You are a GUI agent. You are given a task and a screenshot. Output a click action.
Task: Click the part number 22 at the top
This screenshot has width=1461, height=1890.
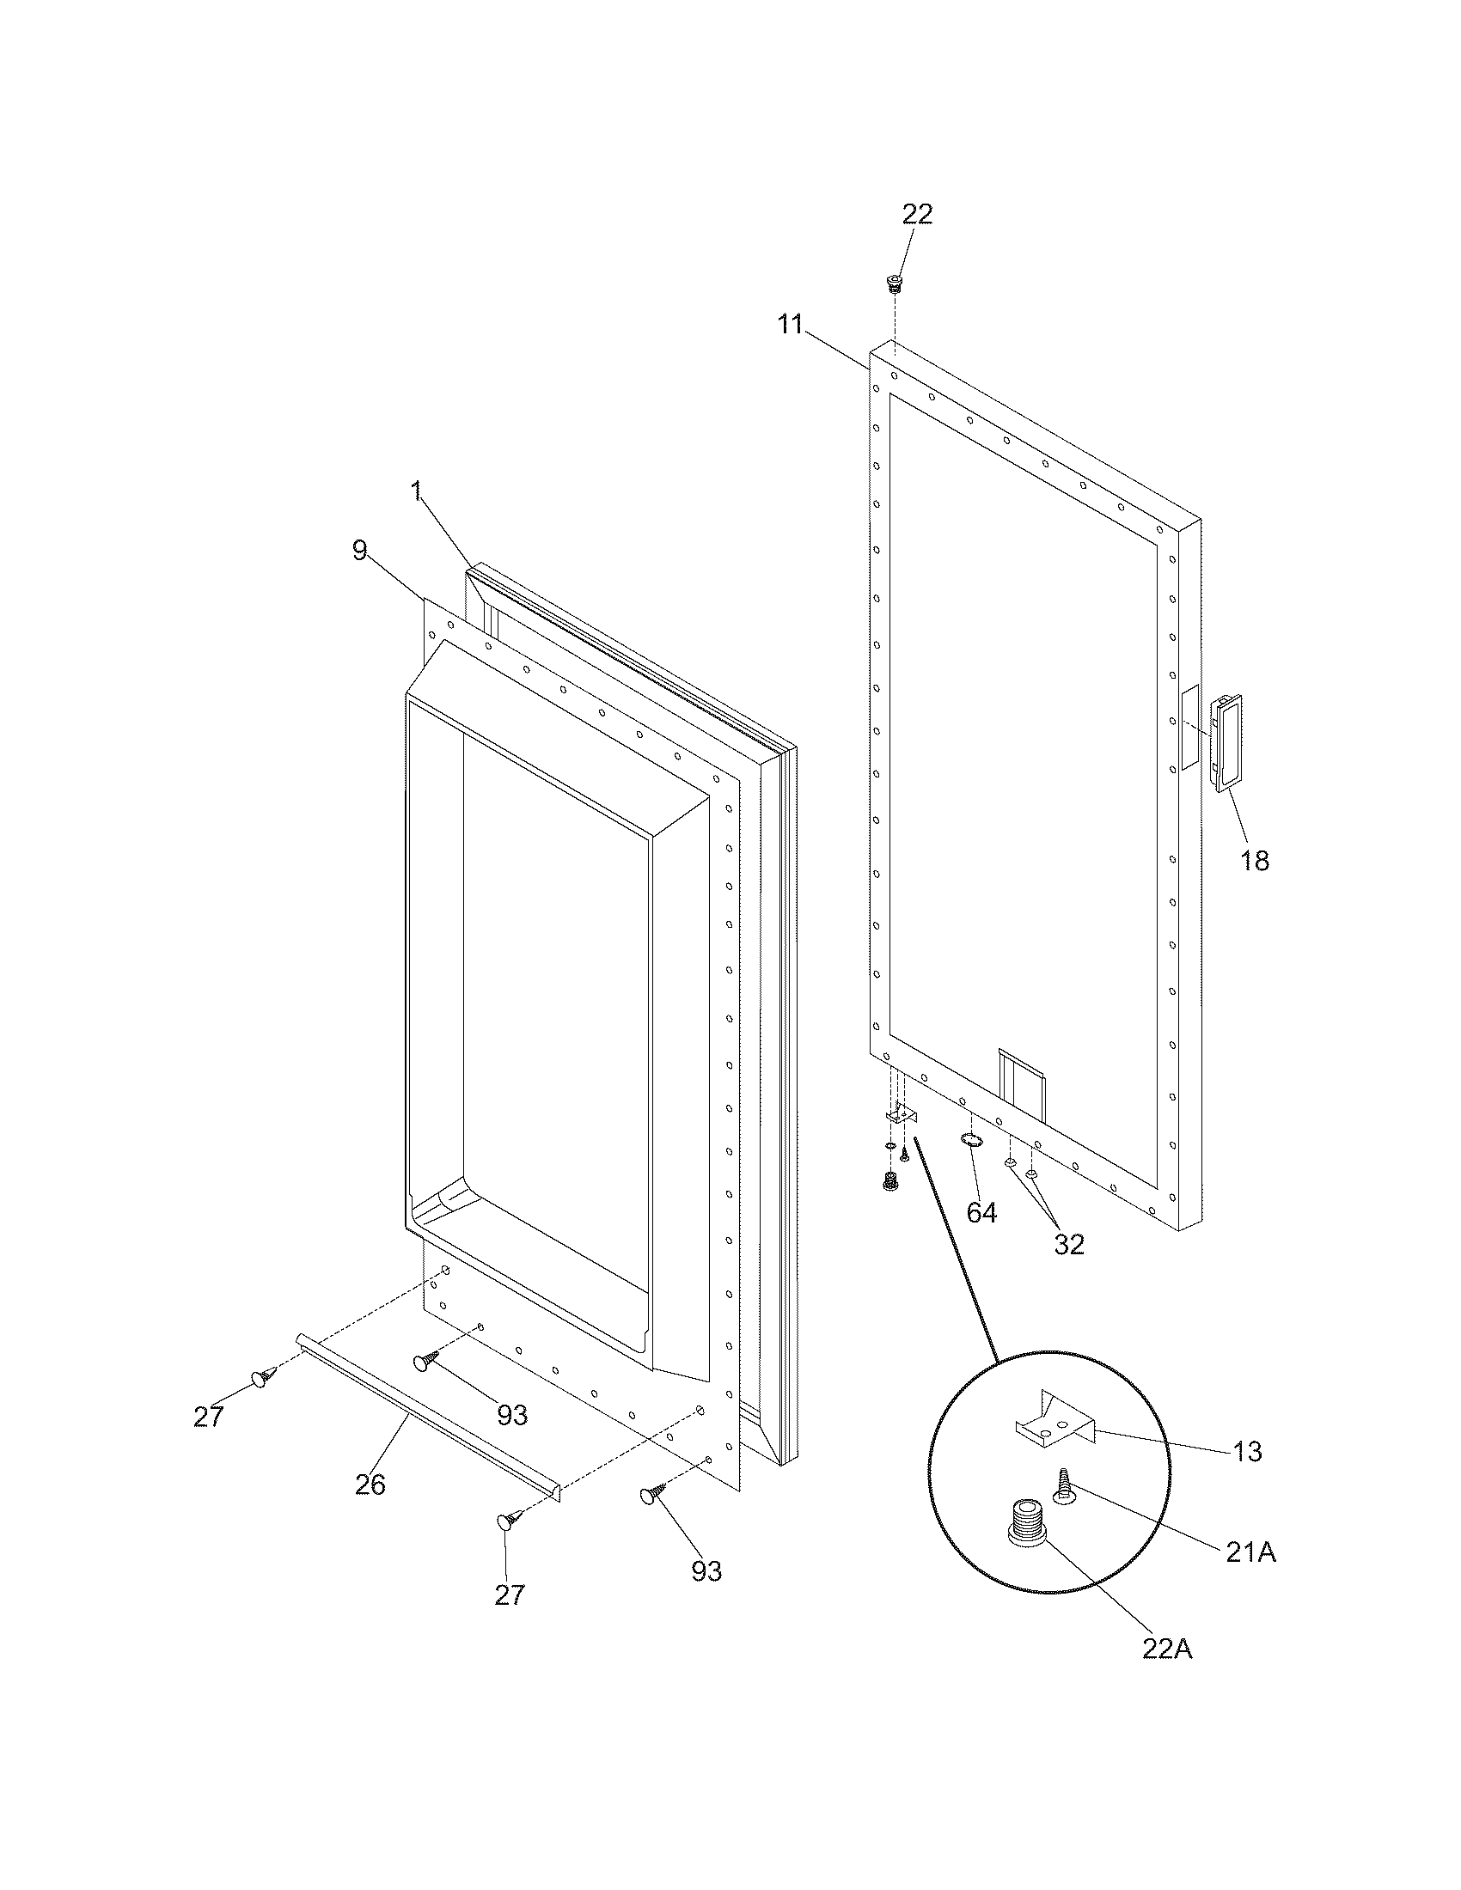[x=918, y=214]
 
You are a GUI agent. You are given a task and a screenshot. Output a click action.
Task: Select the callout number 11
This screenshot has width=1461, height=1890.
[x=789, y=325]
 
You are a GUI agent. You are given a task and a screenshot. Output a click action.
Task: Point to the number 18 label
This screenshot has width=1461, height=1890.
[x=1254, y=860]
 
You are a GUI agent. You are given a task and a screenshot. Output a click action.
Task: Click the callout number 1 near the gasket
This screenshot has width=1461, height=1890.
[x=416, y=491]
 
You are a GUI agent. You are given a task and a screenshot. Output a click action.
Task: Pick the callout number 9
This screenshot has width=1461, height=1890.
[x=360, y=551]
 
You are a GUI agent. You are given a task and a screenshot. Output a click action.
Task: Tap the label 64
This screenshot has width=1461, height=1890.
[x=981, y=1213]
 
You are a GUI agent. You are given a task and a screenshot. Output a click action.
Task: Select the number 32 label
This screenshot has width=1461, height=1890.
[x=1069, y=1245]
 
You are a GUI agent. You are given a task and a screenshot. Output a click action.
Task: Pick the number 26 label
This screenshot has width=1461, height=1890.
[x=370, y=1485]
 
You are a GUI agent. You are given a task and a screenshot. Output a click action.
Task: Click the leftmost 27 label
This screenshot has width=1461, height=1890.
[x=209, y=1417]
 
